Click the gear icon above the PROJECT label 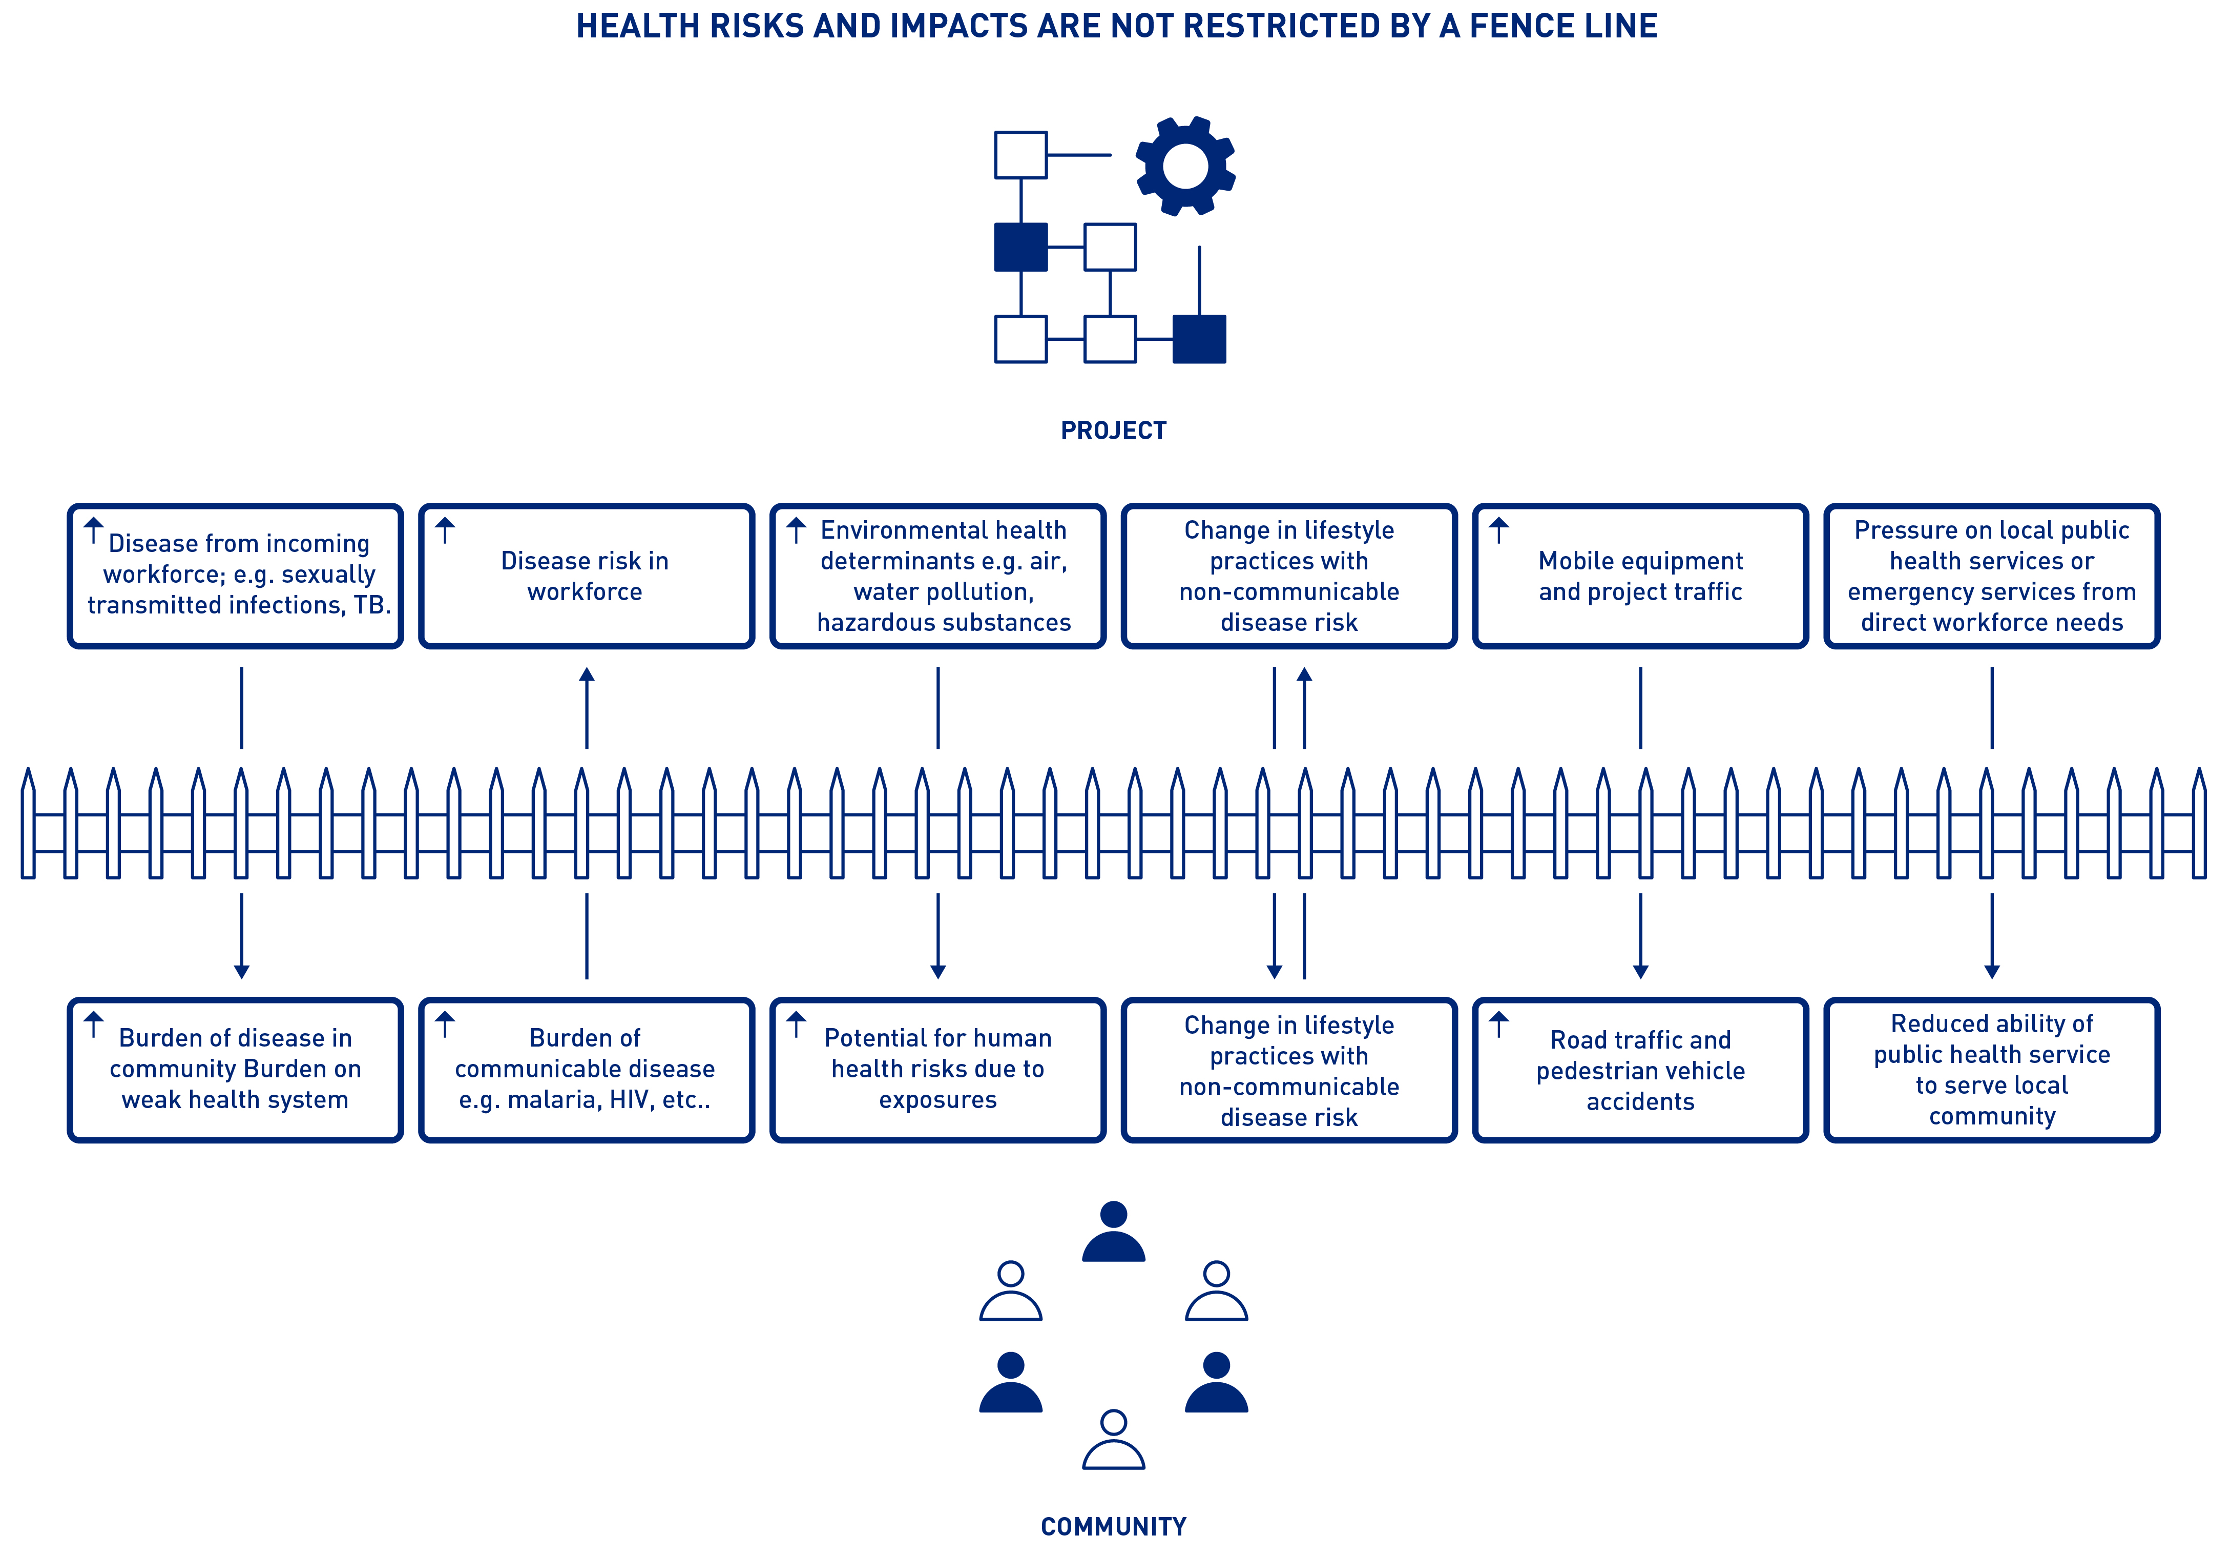[x=1184, y=166]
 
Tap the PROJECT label [x=1114, y=431]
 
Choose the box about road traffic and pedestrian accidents [x=1640, y=1070]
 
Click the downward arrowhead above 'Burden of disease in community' [x=242, y=971]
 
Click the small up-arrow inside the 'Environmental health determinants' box [x=797, y=529]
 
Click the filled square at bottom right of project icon [x=1199, y=339]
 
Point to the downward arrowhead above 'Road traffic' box [x=1640, y=971]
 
